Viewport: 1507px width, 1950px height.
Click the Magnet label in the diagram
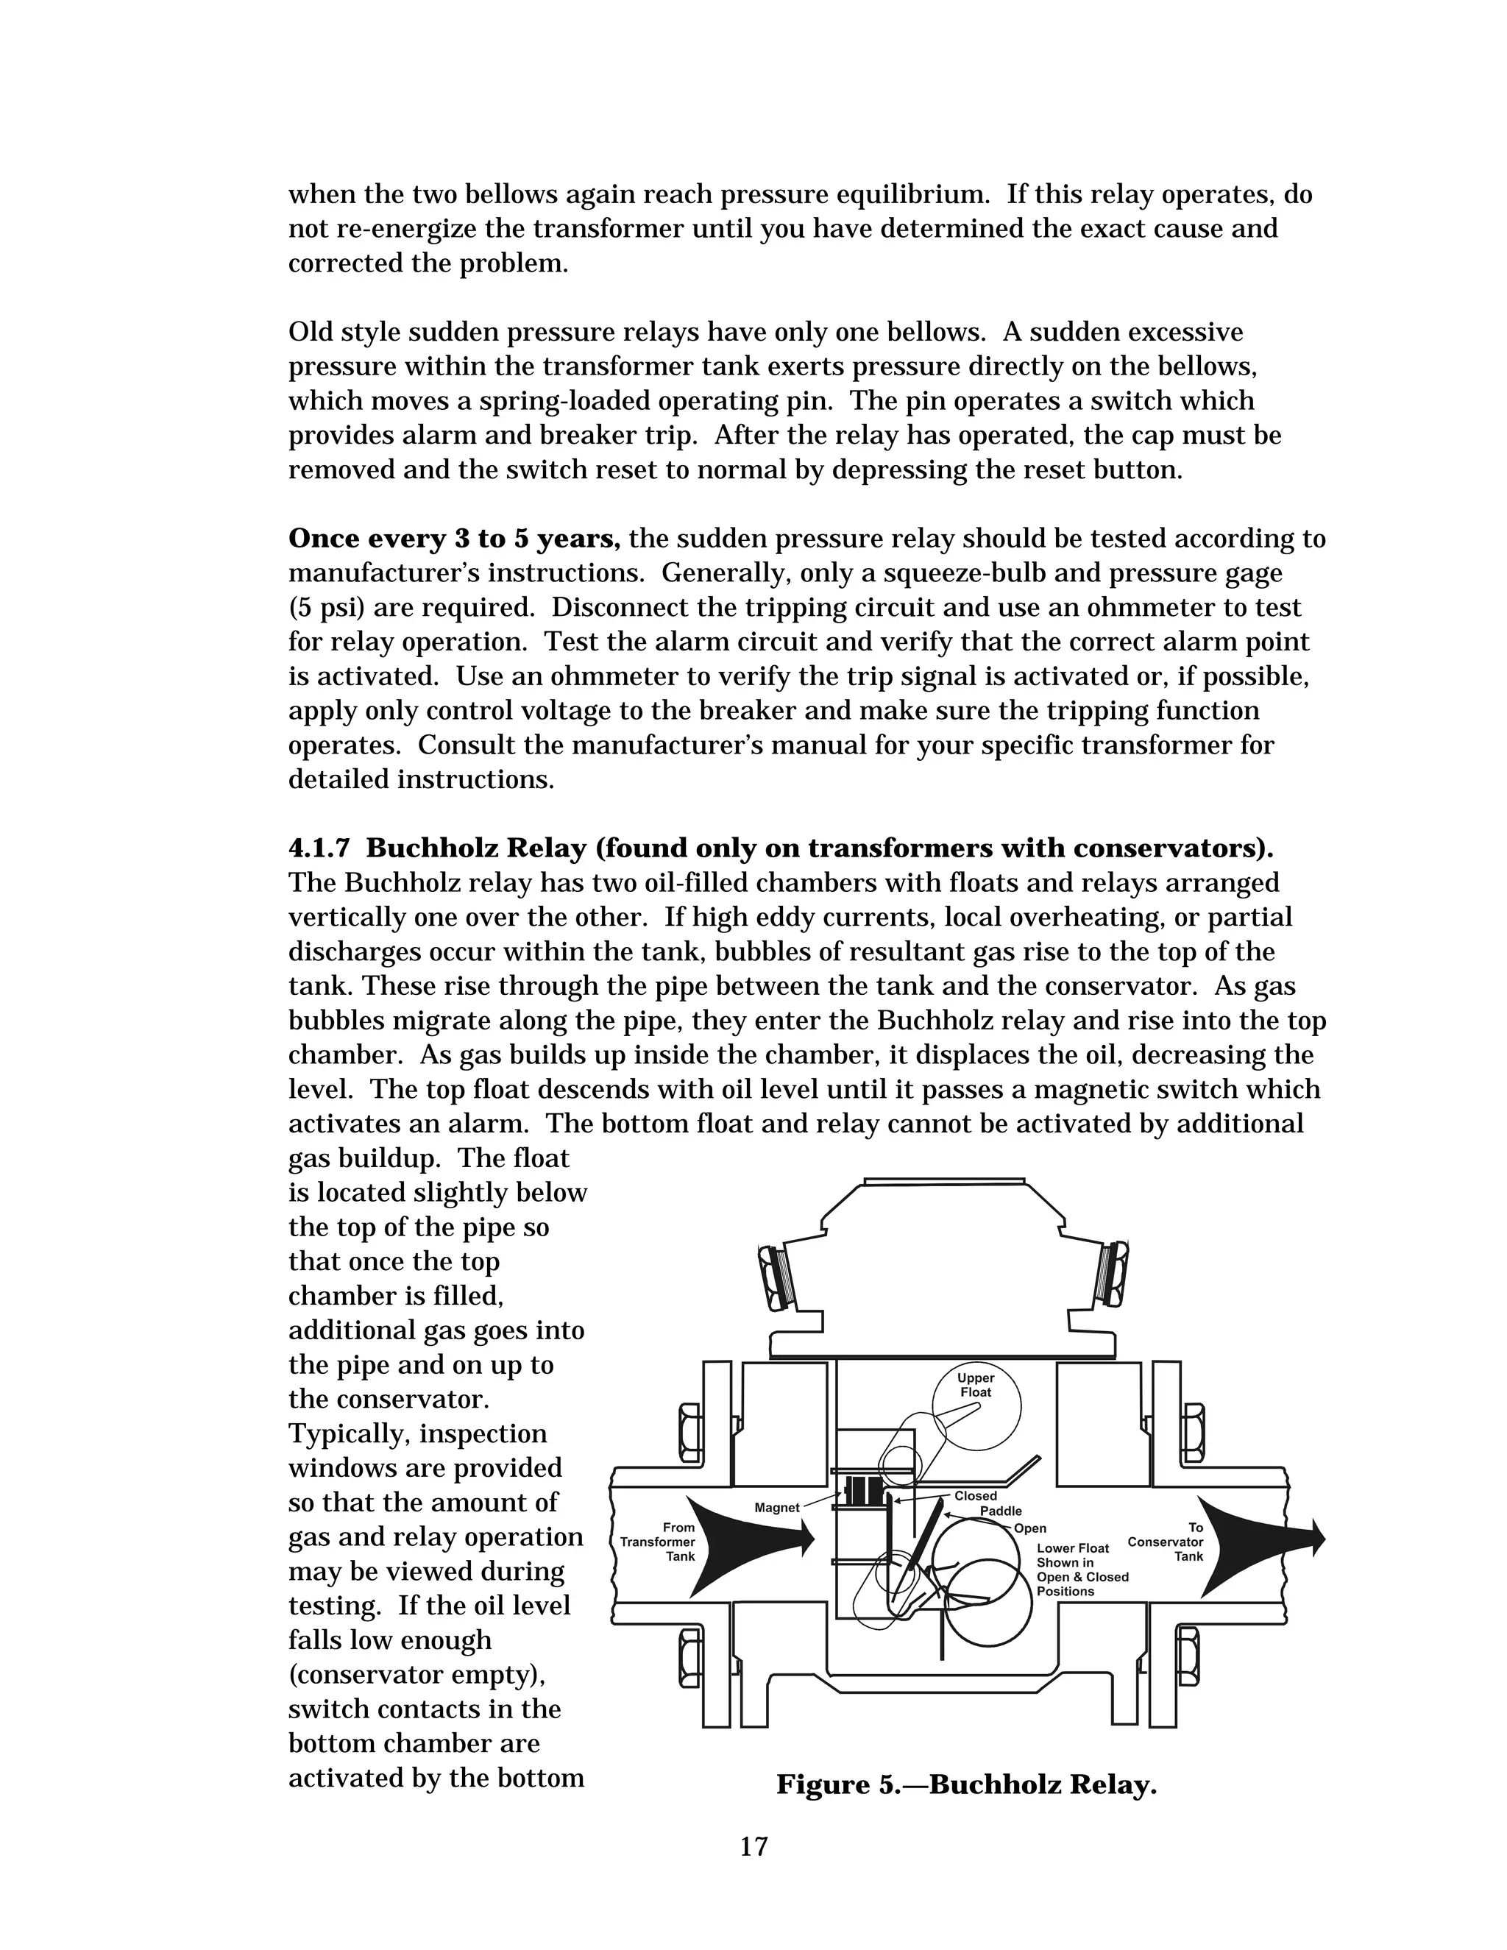(777, 1507)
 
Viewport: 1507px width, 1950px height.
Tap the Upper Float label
(976, 1385)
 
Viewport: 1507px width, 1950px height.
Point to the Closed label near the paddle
(975, 1495)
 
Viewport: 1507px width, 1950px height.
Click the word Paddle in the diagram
(1001, 1511)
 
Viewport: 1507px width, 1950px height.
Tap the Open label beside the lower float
(1030, 1528)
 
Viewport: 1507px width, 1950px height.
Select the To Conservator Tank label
(1166, 1542)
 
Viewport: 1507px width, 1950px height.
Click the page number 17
(753, 1846)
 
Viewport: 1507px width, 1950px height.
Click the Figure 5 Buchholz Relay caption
(966, 1784)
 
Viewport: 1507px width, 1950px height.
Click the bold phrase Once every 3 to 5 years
(455, 539)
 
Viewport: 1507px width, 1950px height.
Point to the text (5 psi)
(327, 608)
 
